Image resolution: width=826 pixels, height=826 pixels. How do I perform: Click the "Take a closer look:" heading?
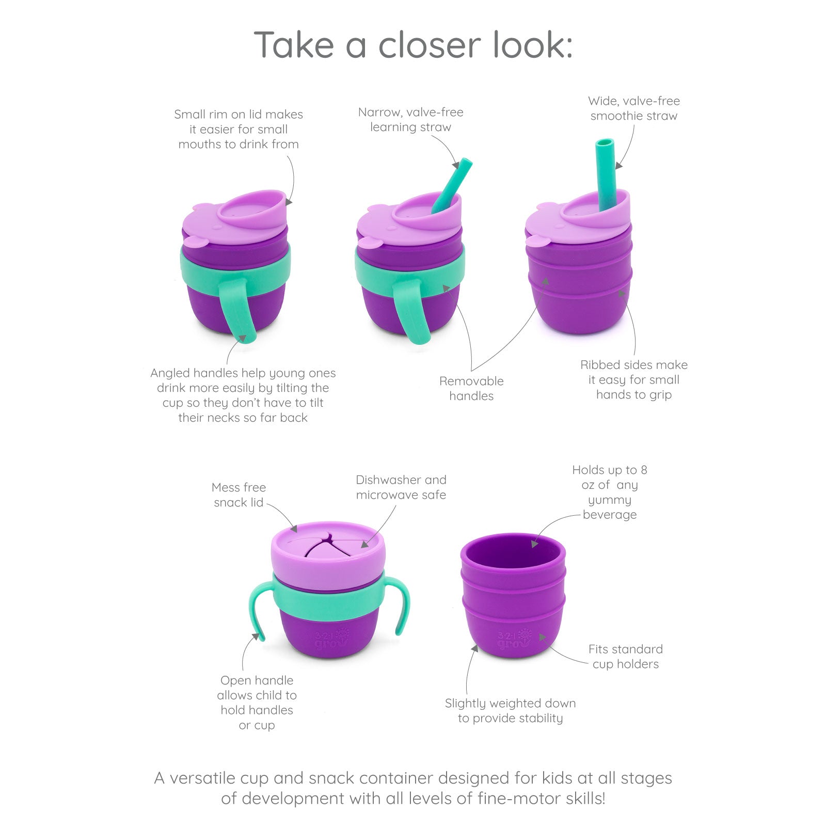(x=413, y=45)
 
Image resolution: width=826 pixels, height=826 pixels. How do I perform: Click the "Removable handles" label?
(x=471, y=388)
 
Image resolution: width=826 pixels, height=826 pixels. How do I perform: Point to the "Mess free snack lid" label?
(x=239, y=495)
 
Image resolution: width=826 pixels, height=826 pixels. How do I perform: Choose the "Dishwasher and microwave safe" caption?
(x=401, y=487)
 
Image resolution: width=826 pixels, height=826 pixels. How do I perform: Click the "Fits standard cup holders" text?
(x=625, y=656)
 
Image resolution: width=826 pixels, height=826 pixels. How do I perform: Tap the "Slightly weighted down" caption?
(x=510, y=710)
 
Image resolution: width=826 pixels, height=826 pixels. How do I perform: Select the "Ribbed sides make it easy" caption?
(x=633, y=379)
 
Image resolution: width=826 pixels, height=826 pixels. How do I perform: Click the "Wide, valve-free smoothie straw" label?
(x=633, y=108)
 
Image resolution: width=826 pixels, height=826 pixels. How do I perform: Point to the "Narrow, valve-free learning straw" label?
(x=410, y=119)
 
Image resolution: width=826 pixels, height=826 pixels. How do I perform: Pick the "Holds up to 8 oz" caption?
(x=609, y=492)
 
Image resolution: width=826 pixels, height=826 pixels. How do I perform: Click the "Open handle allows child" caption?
(x=257, y=702)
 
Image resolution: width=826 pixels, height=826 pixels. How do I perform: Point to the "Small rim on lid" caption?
(x=238, y=129)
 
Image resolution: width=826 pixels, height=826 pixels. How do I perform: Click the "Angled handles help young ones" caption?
(x=243, y=395)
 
